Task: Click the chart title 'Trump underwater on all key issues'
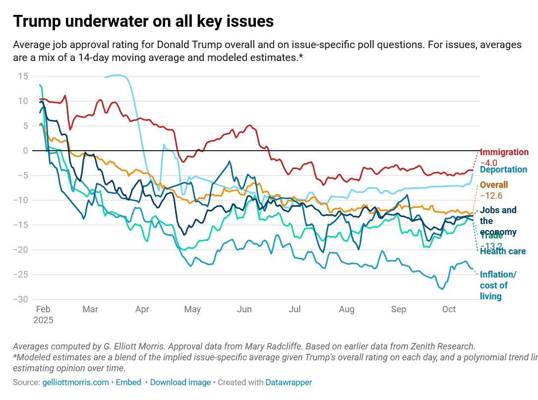[143, 21]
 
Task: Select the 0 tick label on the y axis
[24, 150]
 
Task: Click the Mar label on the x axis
[90, 310]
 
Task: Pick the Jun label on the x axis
[244, 310]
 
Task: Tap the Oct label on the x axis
[449, 310]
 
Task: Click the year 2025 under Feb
[43, 320]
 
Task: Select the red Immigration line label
[505, 152]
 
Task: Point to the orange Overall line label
[493, 185]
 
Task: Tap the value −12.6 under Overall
[491, 196]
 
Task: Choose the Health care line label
[503, 251]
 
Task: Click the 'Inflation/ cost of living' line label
[497, 286]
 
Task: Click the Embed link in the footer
[128, 382]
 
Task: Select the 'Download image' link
[180, 382]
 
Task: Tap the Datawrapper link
[289, 382]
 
